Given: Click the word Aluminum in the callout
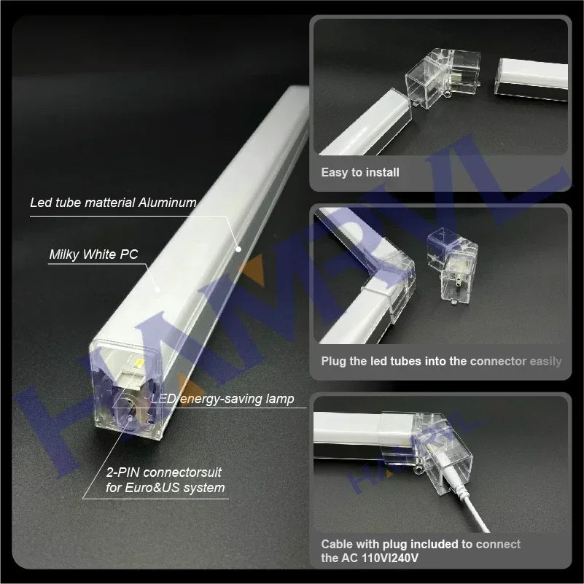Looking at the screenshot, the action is point(167,203).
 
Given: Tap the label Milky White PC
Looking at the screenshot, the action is point(93,254).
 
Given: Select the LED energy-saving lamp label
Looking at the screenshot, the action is point(222,400).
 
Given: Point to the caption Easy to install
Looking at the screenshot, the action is point(360,172).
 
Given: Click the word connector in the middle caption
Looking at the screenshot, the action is point(499,362).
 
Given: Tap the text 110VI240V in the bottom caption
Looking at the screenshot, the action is point(390,558).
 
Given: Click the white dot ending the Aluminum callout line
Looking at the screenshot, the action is point(238,249).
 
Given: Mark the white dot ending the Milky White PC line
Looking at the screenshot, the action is point(158,289).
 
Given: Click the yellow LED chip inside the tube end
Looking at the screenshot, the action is point(139,363).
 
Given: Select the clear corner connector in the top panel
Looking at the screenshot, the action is point(443,78).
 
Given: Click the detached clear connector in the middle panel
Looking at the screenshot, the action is point(452,265).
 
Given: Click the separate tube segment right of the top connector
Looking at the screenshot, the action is point(531,79).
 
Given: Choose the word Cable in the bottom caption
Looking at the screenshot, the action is point(337,544).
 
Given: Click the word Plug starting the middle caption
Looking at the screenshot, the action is point(334,362).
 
